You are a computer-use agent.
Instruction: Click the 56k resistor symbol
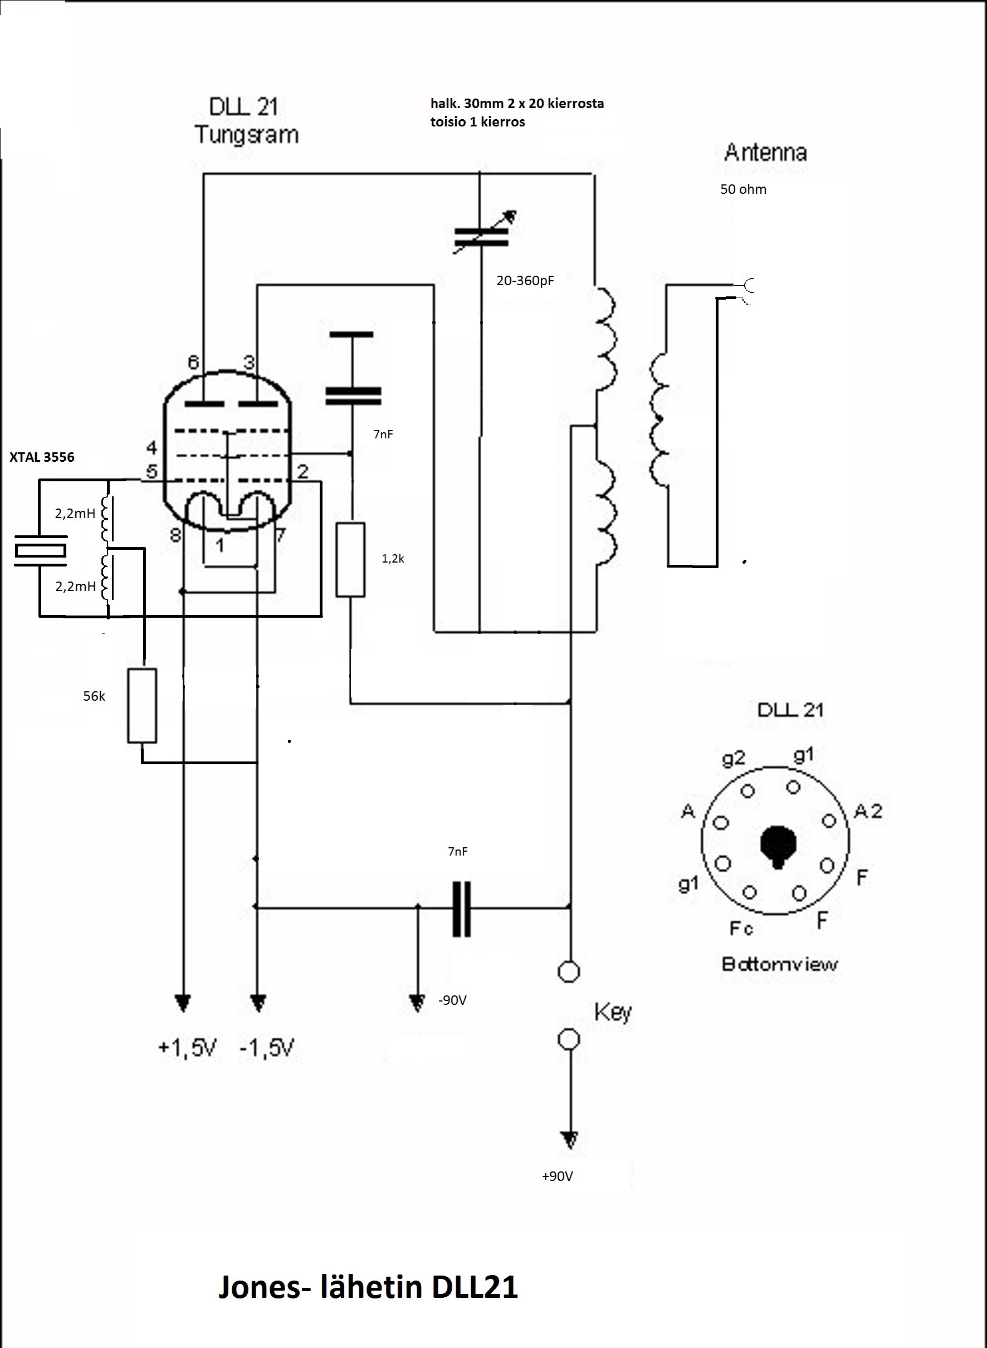(x=142, y=706)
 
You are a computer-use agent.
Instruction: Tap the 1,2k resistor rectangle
(x=351, y=559)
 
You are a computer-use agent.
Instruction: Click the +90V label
(x=558, y=1176)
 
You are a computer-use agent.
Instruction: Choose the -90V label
(x=452, y=1000)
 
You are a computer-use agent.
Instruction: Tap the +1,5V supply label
(x=187, y=1048)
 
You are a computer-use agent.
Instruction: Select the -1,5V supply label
(x=267, y=1048)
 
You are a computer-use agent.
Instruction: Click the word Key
(x=613, y=1012)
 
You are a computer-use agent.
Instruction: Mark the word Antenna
(x=765, y=153)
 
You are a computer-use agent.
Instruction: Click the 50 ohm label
(x=743, y=189)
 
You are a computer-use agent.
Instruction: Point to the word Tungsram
(x=246, y=134)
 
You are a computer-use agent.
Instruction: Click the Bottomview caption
(x=780, y=964)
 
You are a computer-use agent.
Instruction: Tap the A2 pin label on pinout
(x=868, y=811)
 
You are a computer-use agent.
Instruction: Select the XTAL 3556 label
(x=42, y=457)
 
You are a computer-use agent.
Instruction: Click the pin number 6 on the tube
(x=194, y=362)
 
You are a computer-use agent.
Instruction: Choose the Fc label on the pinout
(x=741, y=928)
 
